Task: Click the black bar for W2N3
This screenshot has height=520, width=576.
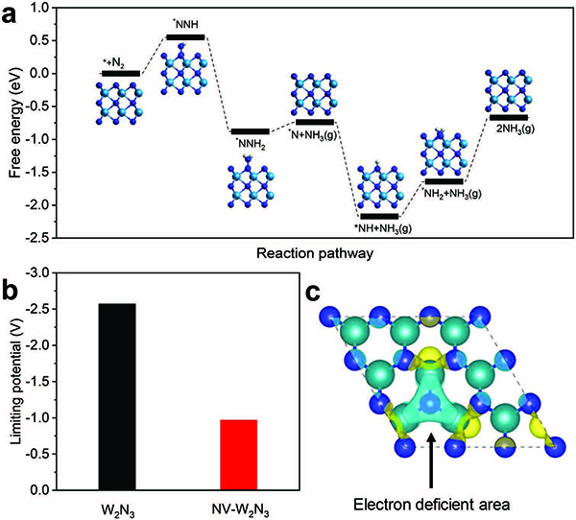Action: point(117,396)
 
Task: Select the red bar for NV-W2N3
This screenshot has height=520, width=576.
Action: point(238,455)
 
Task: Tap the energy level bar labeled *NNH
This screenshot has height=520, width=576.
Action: point(185,37)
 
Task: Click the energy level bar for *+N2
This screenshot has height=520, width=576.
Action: point(121,74)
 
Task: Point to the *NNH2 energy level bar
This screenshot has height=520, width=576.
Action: point(251,131)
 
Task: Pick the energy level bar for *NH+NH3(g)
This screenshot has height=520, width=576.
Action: point(379,216)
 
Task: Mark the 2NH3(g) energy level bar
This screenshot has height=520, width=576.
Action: point(509,117)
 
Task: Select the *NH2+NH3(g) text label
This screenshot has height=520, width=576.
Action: point(451,194)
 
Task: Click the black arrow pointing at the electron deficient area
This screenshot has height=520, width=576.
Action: point(431,460)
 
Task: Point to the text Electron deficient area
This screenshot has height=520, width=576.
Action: point(432,505)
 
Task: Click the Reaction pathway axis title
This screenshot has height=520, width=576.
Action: point(315,253)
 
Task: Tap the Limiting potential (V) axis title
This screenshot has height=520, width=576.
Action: point(15,381)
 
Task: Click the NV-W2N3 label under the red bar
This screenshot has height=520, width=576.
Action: point(241,510)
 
